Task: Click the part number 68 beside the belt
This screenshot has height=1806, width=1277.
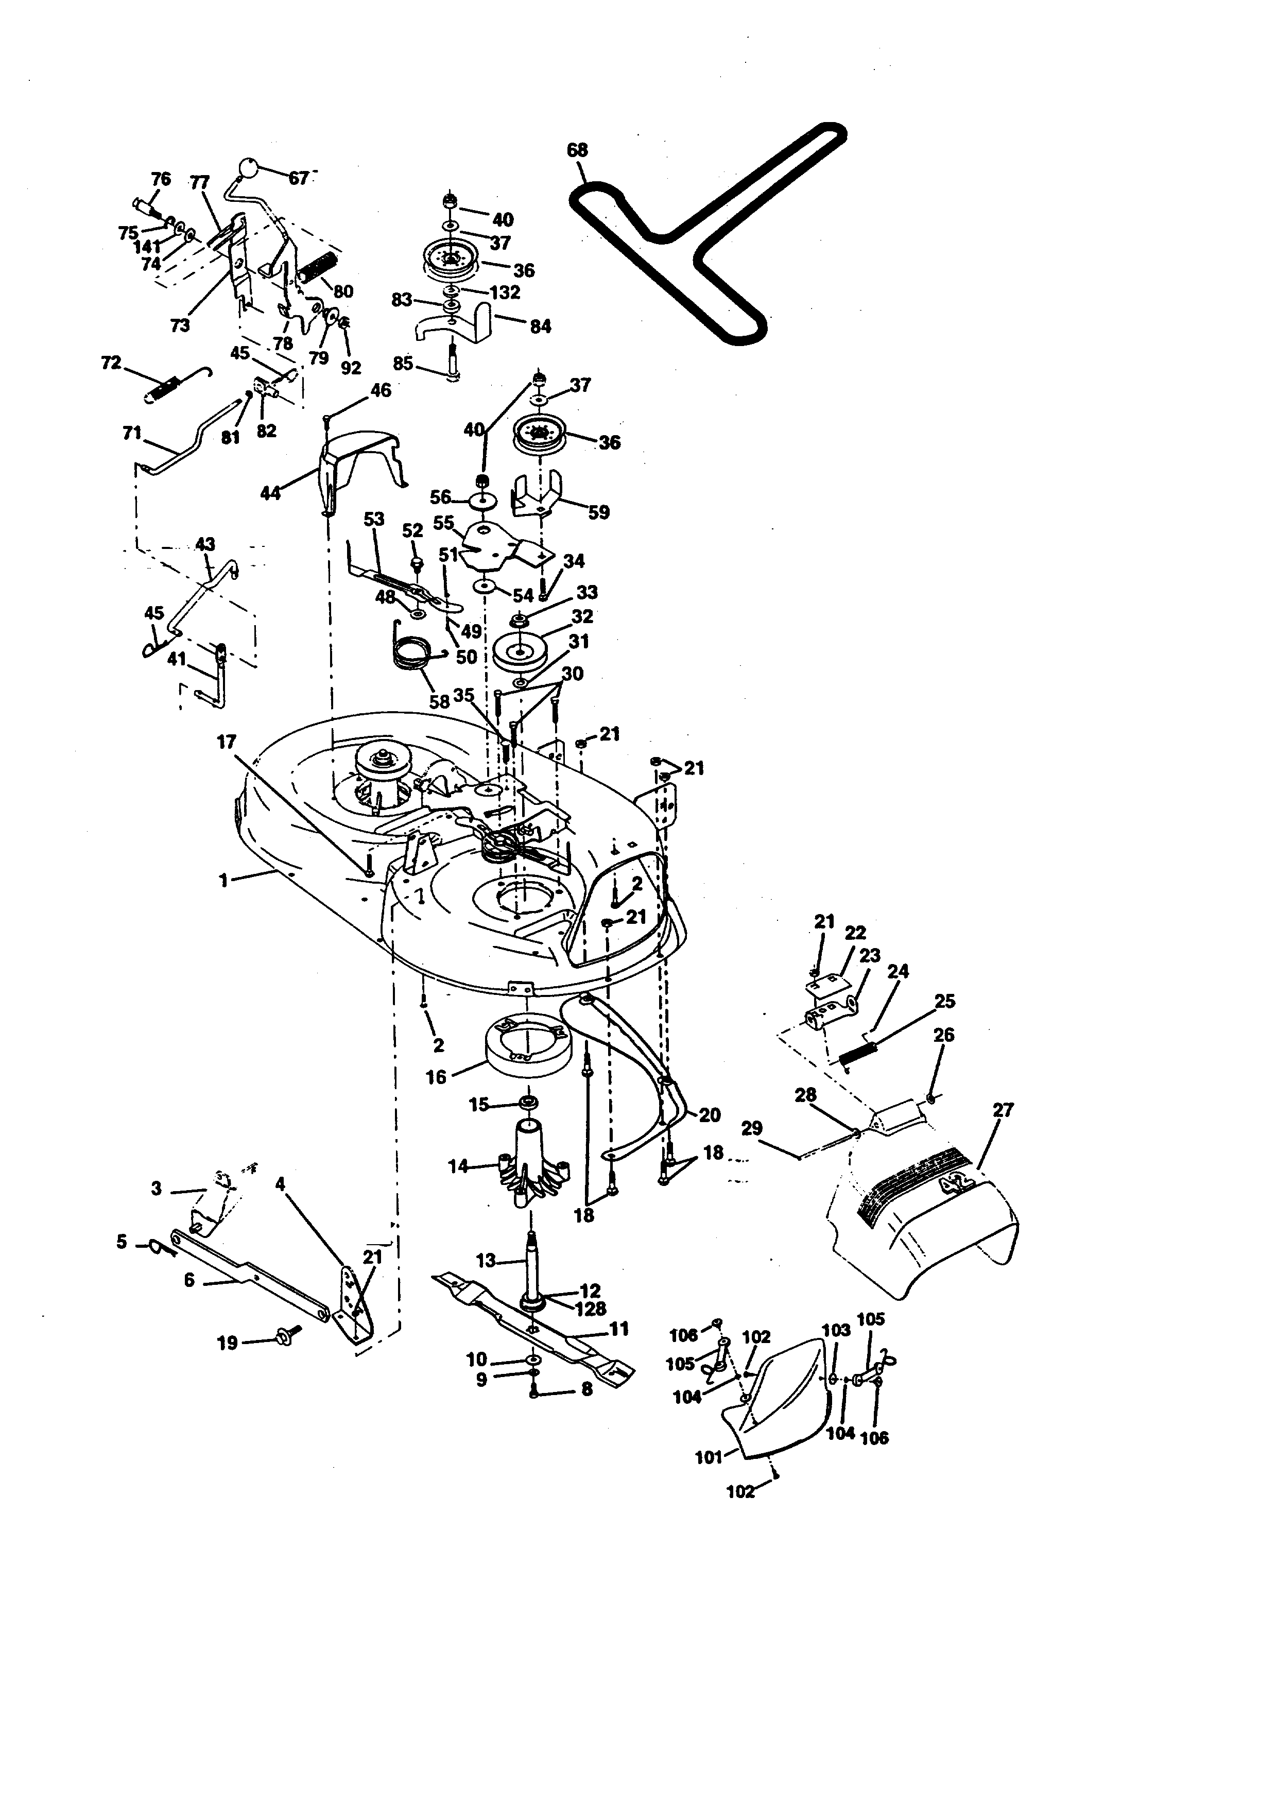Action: coord(577,149)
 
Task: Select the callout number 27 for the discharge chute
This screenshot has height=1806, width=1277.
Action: coord(1004,1110)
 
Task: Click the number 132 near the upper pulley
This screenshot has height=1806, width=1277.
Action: coord(504,292)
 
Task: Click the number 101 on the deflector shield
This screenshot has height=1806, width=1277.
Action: coord(709,1457)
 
